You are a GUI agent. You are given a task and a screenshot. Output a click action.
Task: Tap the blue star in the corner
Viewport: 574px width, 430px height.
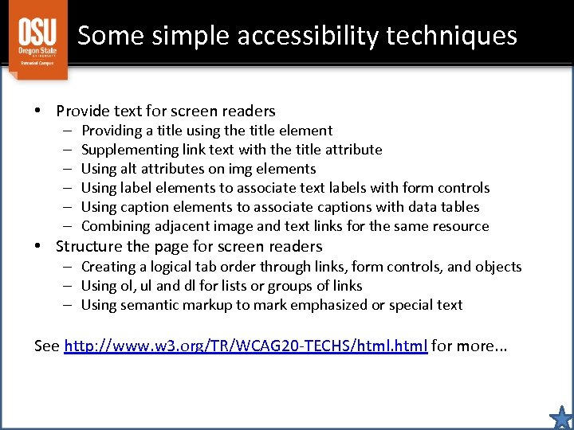tap(561, 417)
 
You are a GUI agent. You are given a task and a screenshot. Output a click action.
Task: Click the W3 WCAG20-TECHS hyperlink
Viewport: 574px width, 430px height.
tap(246, 346)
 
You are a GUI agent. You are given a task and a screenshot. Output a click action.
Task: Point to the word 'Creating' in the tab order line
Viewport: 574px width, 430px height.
tap(108, 267)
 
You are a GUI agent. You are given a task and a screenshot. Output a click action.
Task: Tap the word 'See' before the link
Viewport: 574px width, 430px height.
tap(47, 346)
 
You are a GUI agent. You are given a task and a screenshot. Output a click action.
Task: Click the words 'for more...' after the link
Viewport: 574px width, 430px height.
tap(470, 346)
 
